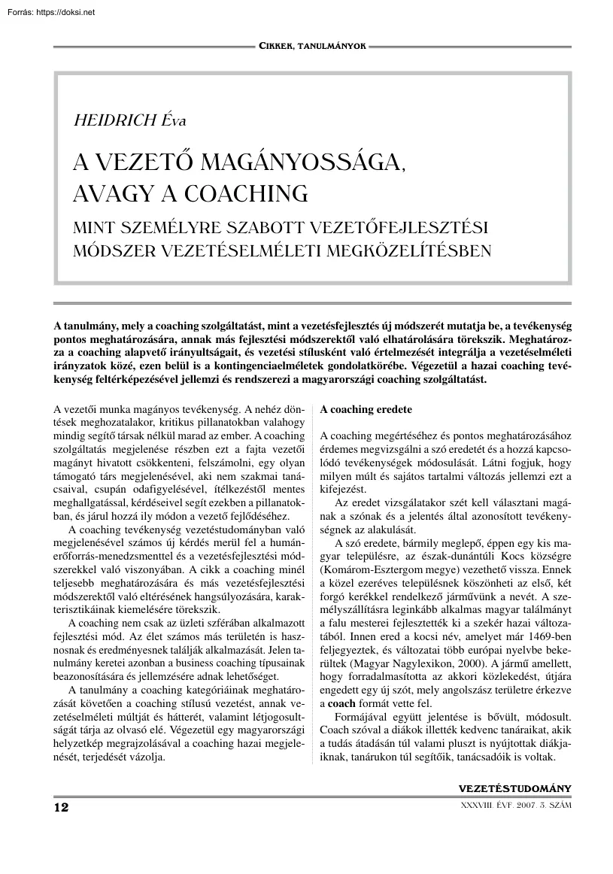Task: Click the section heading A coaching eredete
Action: click(366, 410)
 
